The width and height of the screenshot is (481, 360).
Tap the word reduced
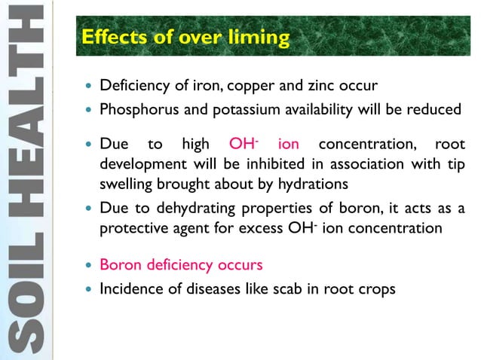[x=434, y=110]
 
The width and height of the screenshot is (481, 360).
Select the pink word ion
[x=289, y=145]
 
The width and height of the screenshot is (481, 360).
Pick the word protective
[x=131, y=228]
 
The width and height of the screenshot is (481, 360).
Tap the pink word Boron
[x=119, y=264]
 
